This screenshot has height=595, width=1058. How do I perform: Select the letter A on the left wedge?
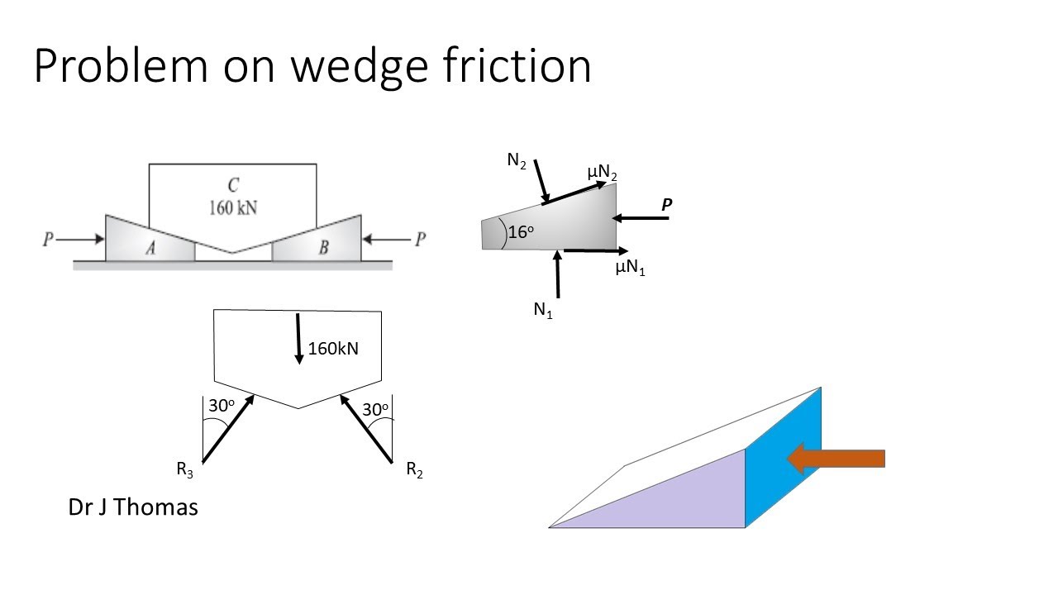pyautogui.click(x=151, y=250)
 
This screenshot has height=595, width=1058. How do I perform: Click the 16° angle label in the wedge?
pyautogui.click(x=521, y=233)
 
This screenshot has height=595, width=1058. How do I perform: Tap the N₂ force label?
pyautogui.click(x=517, y=161)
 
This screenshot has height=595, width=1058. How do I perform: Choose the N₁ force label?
pyautogui.click(x=542, y=311)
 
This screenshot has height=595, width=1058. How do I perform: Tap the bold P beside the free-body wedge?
pyautogui.click(x=666, y=203)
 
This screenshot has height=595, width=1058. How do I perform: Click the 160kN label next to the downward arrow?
pyautogui.click(x=333, y=349)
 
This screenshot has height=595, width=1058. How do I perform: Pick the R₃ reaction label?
pyautogui.click(x=184, y=470)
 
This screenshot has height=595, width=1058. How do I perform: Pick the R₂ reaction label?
pyautogui.click(x=414, y=470)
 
